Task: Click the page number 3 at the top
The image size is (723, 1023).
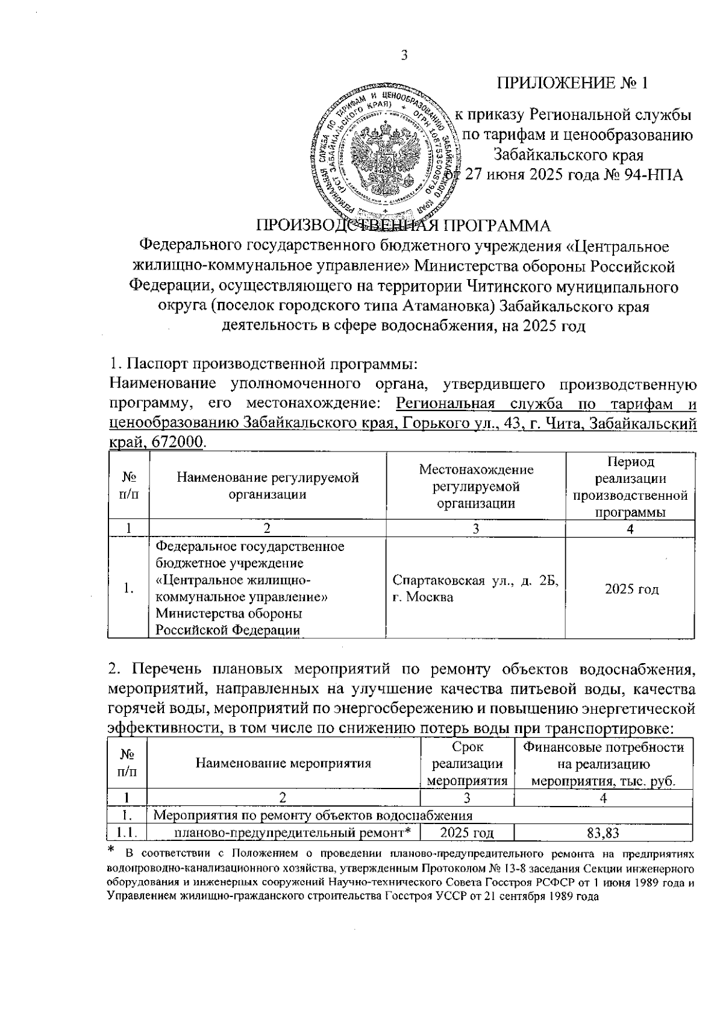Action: coord(404,55)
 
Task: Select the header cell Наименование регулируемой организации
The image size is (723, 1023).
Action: coord(268,486)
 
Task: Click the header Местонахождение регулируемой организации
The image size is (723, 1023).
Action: coord(476,486)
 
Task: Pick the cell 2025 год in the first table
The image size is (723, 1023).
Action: coord(631,589)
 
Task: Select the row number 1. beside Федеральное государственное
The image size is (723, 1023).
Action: coord(128,589)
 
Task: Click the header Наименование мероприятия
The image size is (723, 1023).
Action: coord(283,763)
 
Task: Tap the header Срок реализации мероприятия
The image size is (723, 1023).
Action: coord(467,764)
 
